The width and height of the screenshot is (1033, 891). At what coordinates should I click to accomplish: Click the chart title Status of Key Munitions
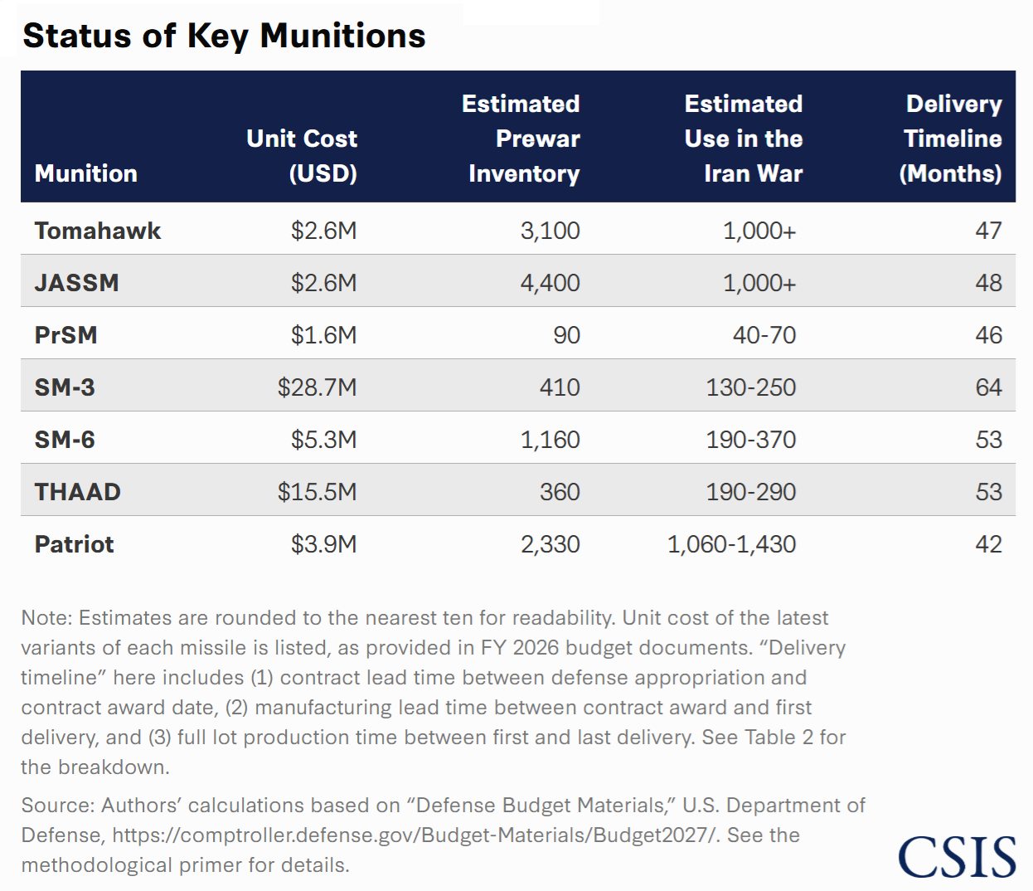tap(224, 36)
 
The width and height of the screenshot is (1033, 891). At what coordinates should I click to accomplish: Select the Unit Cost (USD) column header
tap(302, 155)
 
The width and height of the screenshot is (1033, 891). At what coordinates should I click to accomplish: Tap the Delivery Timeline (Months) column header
tap(952, 139)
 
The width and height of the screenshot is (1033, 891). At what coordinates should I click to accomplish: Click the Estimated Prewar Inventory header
tap(522, 139)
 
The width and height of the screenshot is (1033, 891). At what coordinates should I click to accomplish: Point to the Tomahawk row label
tap(98, 231)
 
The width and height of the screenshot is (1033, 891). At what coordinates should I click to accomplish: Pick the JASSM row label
tap(77, 283)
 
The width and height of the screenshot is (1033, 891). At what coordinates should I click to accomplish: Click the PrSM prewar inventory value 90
tap(566, 335)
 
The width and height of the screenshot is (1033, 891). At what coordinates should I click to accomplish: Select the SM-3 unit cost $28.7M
tap(317, 387)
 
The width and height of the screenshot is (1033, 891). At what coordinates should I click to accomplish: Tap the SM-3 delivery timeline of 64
tap(988, 387)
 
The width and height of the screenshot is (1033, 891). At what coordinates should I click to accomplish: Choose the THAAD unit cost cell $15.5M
tap(317, 492)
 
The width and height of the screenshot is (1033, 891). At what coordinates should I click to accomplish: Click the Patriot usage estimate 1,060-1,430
tap(731, 544)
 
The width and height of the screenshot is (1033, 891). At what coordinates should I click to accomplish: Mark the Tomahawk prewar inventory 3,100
tap(550, 231)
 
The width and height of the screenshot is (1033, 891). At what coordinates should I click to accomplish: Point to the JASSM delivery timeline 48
tap(988, 283)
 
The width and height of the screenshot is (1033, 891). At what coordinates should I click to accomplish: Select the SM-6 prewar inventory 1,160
tap(550, 440)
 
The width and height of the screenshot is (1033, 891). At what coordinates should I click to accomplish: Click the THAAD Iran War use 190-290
tap(750, 492)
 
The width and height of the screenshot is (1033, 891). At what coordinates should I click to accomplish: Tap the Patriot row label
tap(75, 544)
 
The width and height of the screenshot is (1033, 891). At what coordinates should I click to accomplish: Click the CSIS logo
tap(957, 857)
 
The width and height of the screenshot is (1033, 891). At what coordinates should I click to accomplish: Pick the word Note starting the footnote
tap(46, 618)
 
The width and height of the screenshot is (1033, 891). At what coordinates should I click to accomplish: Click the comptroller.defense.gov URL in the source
tap(414, 835)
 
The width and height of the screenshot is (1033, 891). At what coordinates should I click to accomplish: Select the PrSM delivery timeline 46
tap(988, 335)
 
